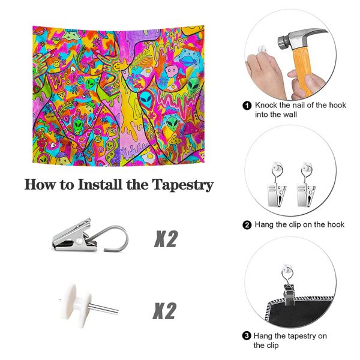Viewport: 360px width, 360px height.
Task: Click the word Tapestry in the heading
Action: point(183,185)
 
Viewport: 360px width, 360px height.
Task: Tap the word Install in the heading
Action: point(100,184)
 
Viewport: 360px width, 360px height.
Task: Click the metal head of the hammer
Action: point(301,37)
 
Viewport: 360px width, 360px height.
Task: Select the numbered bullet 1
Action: point(247,106)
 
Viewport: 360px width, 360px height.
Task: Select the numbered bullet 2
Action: point(247,225)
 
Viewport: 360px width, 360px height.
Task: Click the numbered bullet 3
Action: point(247,336)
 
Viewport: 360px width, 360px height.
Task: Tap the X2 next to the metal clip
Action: point(166,239)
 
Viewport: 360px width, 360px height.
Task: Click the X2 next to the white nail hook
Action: point(164,311)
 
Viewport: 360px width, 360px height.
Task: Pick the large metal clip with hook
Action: point(90,237)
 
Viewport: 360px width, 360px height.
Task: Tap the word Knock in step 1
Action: point(266,105)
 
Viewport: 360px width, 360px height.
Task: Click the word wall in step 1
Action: point(289,115)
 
